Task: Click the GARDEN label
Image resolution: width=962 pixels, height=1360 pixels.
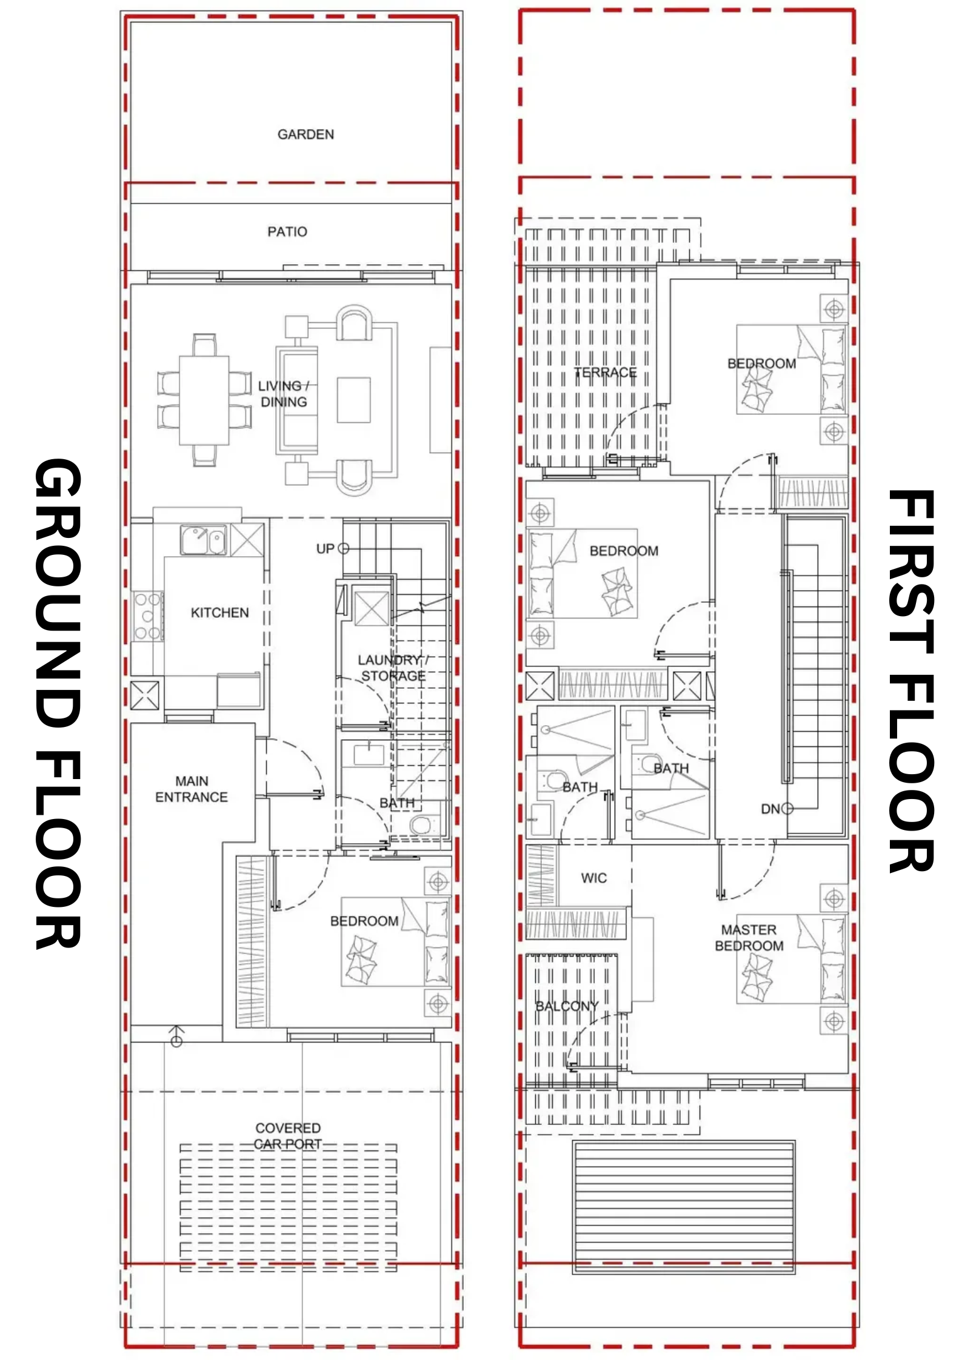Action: pyautogui.click(x=306, y=134)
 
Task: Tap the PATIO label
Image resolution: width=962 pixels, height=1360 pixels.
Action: pyautogui.click(x=287, y=231)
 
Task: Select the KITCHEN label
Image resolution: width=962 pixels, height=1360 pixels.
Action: pyautogui.click(x=219, y=612)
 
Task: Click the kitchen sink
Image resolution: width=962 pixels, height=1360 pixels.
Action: pyautogui.click(x=203, y=540)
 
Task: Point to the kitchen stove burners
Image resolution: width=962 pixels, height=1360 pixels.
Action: pyautogui.click(x=147, y=616)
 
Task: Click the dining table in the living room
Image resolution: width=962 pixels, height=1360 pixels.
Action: pyautogui.click(x=204, y=400)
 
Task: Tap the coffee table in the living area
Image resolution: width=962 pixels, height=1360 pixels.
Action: pyautogui.click(x=353, y=400)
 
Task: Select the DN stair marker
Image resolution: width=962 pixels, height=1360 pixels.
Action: pyautogui.click(x=777, y=809)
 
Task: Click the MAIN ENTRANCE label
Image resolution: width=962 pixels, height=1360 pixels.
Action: pyautogui.click(x=192, y=789)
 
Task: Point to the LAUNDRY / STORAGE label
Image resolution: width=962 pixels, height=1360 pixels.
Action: pyautogui.click(x=393, y=668)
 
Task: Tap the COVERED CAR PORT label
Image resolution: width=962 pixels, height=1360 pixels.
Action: pyautogui.click(x=288, y=1136)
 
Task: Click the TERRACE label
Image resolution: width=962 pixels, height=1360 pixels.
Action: pyautogui.click(x=606, y=373)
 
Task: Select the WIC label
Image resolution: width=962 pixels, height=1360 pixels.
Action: pyautogui.click(x=593, y=878)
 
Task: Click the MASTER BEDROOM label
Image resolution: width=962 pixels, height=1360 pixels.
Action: pyautogui.click(x=749, y=938)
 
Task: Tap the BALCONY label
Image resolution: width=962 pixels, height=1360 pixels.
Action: pyautogui.click(x=567, y=1006)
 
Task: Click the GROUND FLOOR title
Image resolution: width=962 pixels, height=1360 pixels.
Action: pyautogui.click(x=58, y=703)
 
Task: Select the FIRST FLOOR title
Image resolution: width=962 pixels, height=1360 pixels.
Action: pyautogui.click(x=910, y=681)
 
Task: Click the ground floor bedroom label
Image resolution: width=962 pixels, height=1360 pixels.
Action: pyautogui.click(x=364, y=921)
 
